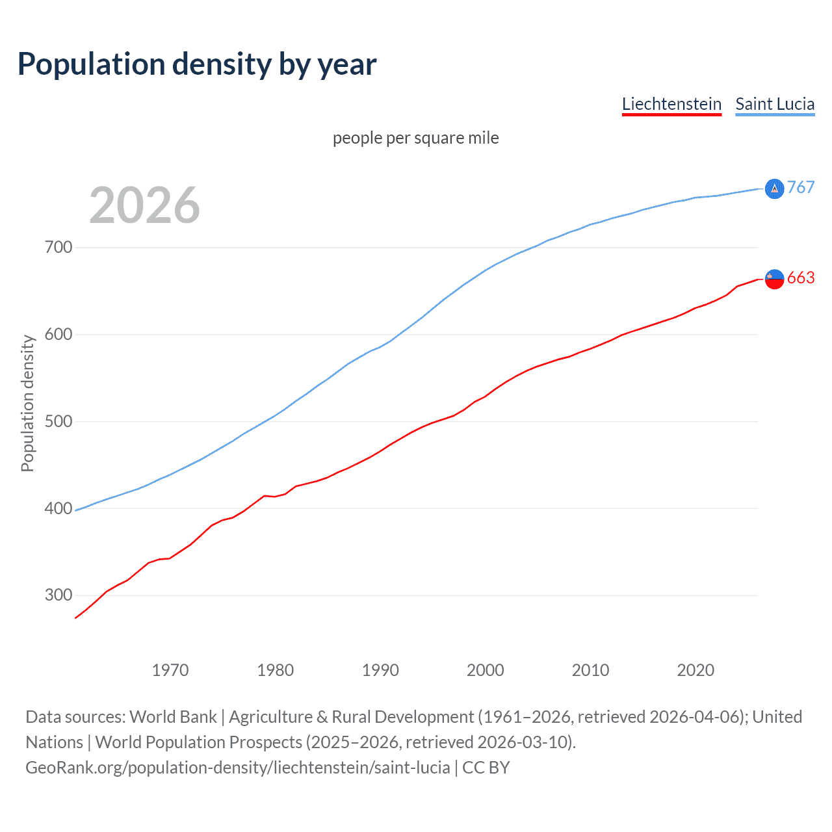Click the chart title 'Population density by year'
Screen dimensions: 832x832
(197, 64)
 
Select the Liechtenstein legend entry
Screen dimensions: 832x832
(671, 104)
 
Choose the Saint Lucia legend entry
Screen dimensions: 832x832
(775, 104)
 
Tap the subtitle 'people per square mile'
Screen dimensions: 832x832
(415, 138)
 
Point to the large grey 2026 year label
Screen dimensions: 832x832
(144, 205)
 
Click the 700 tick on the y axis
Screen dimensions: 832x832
(58, 248)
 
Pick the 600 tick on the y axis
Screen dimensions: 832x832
(58, 335)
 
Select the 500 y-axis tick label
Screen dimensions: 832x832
(58, 422)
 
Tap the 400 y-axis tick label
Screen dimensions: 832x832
(58, 509)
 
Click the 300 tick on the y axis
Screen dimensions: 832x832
(58, 595)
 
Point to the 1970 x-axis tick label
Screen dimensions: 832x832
(170, 670)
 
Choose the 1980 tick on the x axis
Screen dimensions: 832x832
(276, 670)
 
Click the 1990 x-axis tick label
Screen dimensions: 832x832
(380, 670)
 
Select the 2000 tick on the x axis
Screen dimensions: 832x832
(486, 670)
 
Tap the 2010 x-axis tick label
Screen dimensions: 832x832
(591, 670)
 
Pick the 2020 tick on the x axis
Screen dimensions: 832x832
(695, 670)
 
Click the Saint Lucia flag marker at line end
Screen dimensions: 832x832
(774, 188)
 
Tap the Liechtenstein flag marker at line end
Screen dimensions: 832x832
(774, 279)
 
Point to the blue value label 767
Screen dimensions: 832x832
(801, 188)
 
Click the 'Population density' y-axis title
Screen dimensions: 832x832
(27, 403)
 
